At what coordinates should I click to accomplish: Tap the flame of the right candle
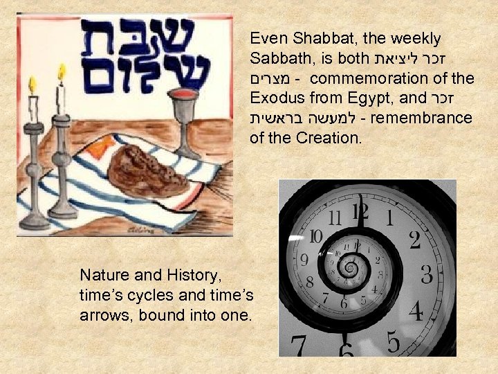tap(61, 71)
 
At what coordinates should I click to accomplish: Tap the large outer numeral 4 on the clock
tap(415, 310)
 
